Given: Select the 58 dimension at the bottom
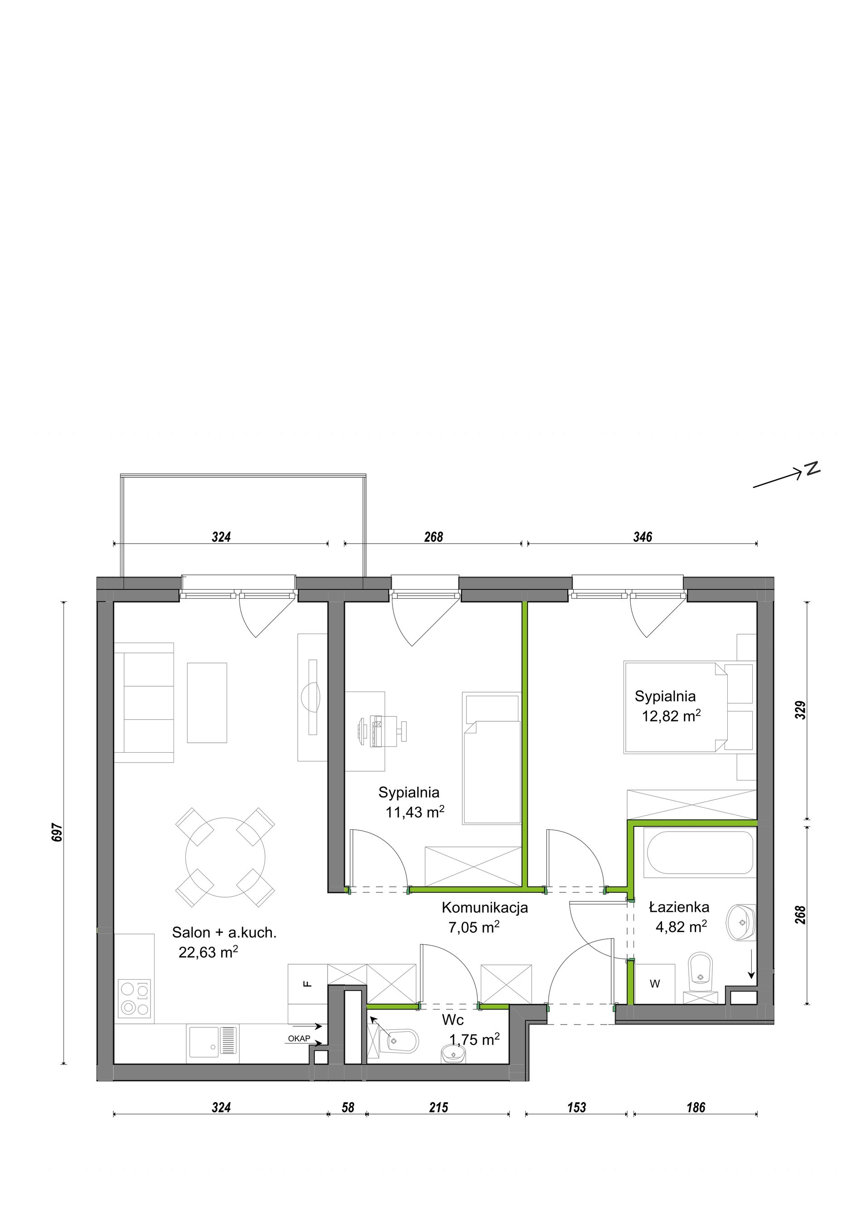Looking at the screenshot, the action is coord(348,1107).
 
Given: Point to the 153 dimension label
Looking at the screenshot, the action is coord(576,1107).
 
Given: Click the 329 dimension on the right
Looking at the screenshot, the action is coord(801,710).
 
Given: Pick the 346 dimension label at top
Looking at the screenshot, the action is coord(643,537).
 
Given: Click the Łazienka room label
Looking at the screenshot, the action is coord(679,907).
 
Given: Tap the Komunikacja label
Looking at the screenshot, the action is coord(484,908).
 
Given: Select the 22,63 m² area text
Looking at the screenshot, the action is coord(208,952).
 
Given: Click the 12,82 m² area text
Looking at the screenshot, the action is coord(671,716).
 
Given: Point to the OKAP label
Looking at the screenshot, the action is coord(299,1039).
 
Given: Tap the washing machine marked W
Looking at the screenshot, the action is coord(655,984).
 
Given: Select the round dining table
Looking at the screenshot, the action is coord(225,857).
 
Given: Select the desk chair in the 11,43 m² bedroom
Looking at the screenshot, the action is coord(383,732).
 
